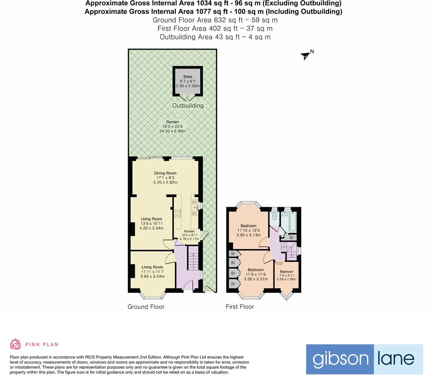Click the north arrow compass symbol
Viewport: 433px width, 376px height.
(305, 55)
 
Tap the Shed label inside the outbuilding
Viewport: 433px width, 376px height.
(188, 77)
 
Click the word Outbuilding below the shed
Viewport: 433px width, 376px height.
(188, 106)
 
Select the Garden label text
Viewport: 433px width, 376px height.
(172, 122)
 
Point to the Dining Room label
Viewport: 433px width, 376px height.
(165, 173)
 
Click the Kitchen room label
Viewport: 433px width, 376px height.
(189, 231)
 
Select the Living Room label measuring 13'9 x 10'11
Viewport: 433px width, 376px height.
(152, 219)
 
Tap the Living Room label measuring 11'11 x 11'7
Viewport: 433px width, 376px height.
(152, 267)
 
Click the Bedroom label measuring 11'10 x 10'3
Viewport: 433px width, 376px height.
(248, 226)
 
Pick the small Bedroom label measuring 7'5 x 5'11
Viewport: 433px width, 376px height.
(286, 272)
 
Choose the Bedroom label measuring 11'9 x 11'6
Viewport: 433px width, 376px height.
(256, 270)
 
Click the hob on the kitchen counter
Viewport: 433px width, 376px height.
(178, 213)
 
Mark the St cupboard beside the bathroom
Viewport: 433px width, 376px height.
(291, 237)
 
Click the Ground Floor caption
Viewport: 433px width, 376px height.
(146, 307)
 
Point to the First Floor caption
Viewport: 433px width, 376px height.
(240, 307)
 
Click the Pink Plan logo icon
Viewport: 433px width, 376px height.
(16, 344)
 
